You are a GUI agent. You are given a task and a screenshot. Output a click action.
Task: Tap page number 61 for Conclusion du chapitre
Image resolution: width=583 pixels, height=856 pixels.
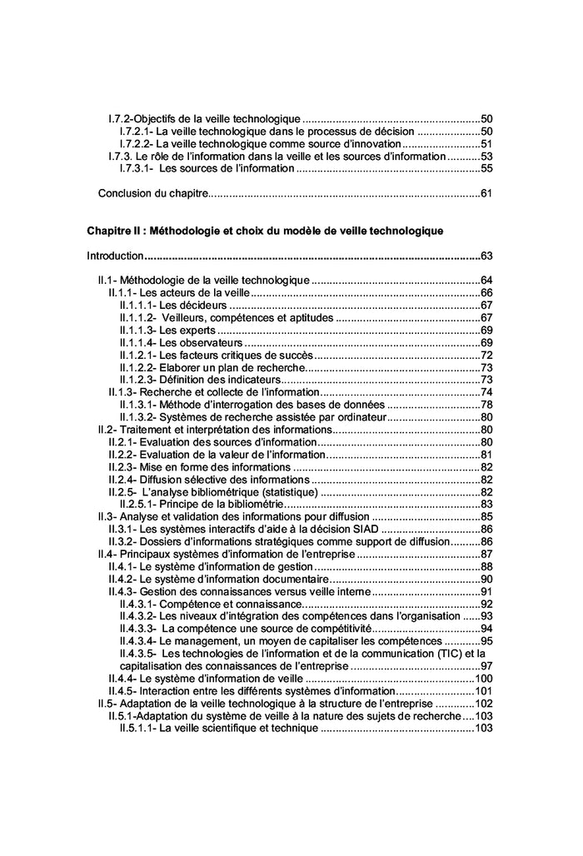(x=488, y=194)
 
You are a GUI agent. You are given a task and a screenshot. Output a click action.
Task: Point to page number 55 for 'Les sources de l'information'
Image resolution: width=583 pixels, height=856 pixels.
(x=488, y=168)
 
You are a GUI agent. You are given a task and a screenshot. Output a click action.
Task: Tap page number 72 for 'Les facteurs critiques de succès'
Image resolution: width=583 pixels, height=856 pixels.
(x=488, y=355)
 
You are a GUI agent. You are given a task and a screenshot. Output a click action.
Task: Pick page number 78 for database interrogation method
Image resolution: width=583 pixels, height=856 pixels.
(x=488, y=405)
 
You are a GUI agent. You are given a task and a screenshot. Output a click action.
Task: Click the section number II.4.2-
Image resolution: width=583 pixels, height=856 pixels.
(x=122, y=578)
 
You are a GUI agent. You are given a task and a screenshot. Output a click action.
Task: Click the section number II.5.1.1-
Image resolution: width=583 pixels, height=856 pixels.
(x=137, y=728)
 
